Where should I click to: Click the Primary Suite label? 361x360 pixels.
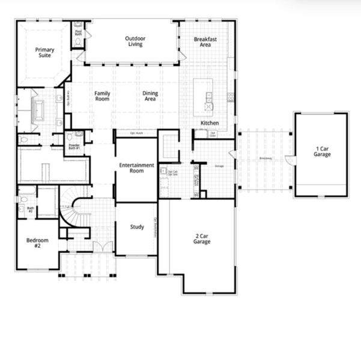[x=43, y=53]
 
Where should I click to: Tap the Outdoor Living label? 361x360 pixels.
[x=135, y=41]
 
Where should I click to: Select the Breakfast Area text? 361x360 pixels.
[x=205, y=42]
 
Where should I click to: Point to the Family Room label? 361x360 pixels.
[x=103, y=96]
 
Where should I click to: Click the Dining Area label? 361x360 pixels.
[x=150, y=96]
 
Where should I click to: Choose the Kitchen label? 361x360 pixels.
[x=210, y=124]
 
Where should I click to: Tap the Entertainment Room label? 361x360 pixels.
[x=136, y=167]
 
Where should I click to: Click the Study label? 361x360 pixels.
[x=137, y=227]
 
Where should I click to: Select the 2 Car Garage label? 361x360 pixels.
[x=201, y=238]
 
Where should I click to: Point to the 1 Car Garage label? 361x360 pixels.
[x=322, y=151]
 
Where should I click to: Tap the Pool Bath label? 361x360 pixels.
[x=79, y=34]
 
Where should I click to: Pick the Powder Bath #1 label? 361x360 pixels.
[x=74, y=147]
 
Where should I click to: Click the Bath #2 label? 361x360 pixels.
[x=30, y=210]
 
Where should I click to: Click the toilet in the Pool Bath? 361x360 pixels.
[x=79, y=25]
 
